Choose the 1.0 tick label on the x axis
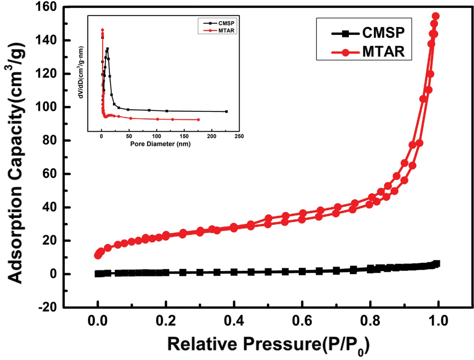tap(438, 324)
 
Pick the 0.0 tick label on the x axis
tap(98, 324)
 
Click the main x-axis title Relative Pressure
tap(268, 345)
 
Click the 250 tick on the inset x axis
tap(239, 137)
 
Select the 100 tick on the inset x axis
tap(157, 137)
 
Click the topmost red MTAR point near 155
tap(435, 16)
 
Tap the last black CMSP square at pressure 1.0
tap(437, 264)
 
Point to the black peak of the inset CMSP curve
tap(107, 49)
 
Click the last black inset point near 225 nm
tap(227, 111)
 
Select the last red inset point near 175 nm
tap(198, 119)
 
